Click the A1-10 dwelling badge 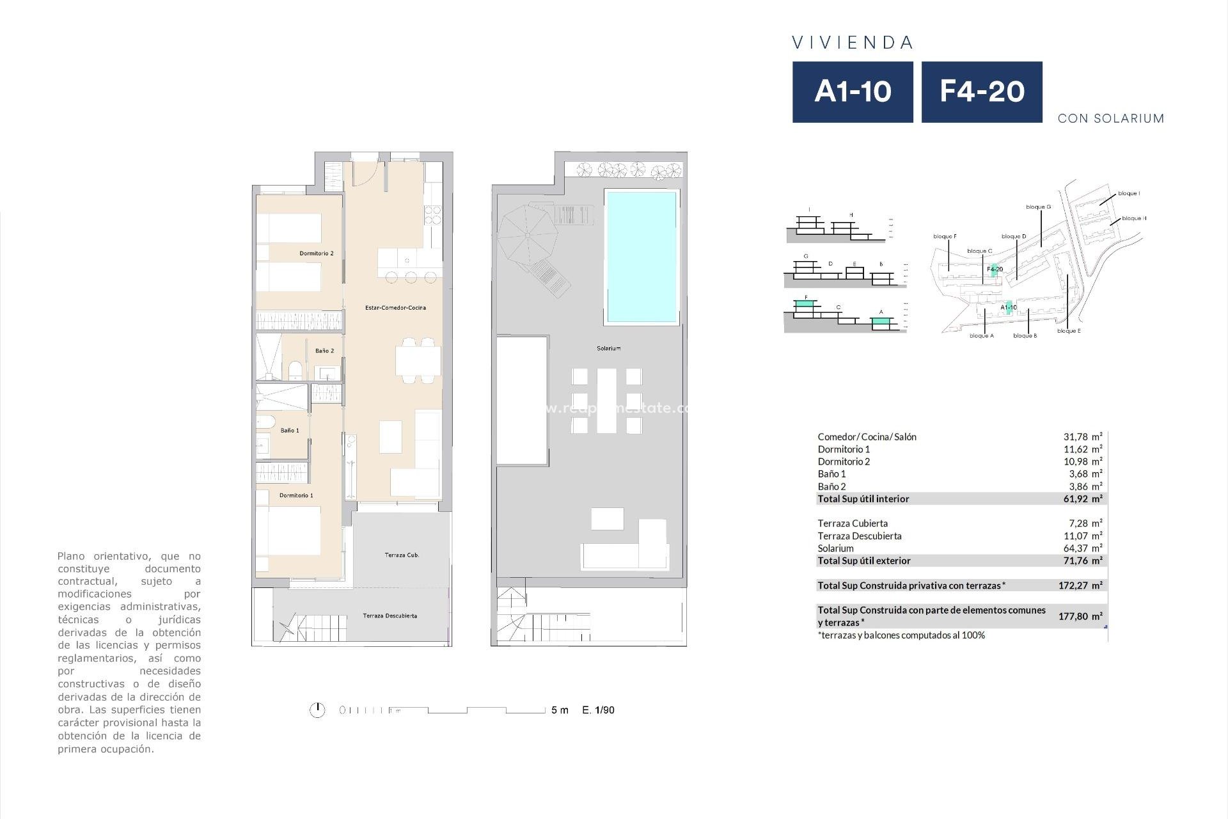[x=853, y=92]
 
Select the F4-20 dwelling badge [x=982, y=92]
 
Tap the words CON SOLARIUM [x=1111, y=118]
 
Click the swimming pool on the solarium [x=641, y=257]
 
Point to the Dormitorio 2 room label [x=317, y=253]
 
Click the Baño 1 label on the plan [x=290, y=431]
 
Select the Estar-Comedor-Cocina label [x=395, y=308]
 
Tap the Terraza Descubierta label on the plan [x=390, y=616]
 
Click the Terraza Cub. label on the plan [x=402, y=555]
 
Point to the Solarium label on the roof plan [x=609, y=348]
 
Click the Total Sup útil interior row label [x=863, y=498]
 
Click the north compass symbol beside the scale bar [x=317, y=710]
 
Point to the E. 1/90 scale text [x=598, y=710]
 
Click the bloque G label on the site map [x=1038, y=207]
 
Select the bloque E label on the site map [x=1069, y=331]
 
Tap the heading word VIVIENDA [x=853, y=43]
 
